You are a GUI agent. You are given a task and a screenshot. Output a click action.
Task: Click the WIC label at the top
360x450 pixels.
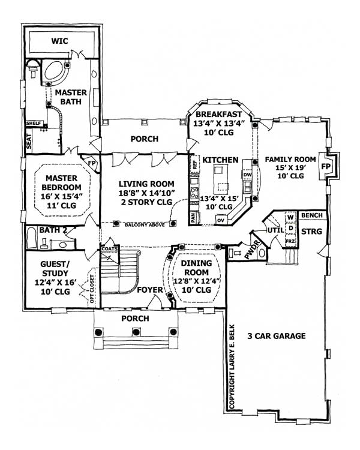tap(59, 43)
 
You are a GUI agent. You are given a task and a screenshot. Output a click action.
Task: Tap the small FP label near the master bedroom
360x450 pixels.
tap(92, 163)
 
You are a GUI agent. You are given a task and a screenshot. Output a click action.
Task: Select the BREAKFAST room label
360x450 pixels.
tap(218, 114)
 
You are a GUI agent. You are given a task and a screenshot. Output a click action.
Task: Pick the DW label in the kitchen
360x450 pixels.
tap(247, 175)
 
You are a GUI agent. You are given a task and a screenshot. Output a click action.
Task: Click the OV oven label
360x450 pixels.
tap(220, 220)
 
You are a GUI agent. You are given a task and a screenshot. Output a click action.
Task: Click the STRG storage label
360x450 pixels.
tap(311, 230)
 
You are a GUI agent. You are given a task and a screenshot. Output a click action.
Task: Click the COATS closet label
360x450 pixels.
tap(109, 248)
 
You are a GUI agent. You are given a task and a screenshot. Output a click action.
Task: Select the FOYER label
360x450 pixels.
tap(150, 290)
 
